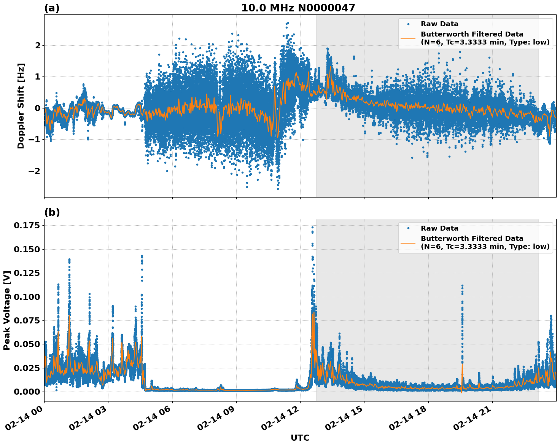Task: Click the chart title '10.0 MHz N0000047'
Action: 298,8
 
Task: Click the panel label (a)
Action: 52,8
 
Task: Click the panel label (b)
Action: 52,212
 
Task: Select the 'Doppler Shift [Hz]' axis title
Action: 21,106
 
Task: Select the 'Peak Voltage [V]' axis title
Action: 6,310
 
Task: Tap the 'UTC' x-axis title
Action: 300,438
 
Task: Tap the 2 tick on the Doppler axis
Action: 37,45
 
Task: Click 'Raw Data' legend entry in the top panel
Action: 439,24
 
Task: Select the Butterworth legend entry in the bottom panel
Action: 485,242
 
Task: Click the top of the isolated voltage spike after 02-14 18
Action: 462,285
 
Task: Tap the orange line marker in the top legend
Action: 408,38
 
